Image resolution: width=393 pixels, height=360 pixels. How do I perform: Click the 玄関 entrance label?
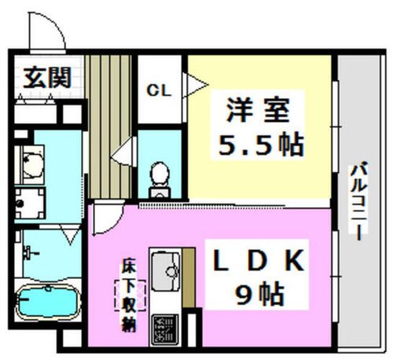tap(47, 78)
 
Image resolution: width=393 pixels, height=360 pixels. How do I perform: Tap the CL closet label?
tap(159, 90)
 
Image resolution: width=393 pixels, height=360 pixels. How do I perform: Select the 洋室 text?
tap(258, 110)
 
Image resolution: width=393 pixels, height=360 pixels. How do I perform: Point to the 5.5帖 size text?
tap(261, 145)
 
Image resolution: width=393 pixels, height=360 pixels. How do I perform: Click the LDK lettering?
tap(259, 260)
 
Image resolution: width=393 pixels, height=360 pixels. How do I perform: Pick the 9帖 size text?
tap(259, 294)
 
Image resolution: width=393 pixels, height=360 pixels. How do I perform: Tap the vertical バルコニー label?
tap(359, 201)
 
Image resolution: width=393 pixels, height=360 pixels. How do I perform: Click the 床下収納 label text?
tap(130, 296)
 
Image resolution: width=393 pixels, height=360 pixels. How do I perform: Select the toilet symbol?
tap(160, 179)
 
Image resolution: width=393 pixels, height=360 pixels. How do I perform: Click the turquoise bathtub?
tap(48, 302)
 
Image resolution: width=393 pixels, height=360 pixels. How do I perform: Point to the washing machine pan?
tap(30, 204)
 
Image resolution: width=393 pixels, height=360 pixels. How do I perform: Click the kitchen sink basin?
tap(166, 271)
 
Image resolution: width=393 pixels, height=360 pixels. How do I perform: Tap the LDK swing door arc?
tap(112, 222)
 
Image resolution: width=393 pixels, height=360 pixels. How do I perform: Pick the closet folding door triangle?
tap(195, 85)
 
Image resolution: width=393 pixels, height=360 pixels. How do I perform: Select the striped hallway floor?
tap(108, 127)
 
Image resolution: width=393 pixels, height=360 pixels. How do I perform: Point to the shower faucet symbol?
tap(30, 253)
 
